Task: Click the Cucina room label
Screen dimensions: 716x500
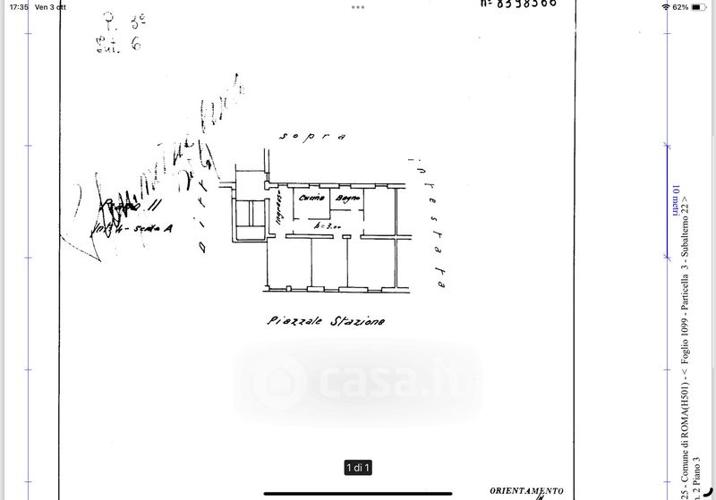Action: point(311,197)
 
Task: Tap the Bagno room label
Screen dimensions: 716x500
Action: point(346,197)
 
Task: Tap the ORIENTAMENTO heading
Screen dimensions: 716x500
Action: point(526,490)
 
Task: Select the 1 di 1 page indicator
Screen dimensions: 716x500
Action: point(358,468)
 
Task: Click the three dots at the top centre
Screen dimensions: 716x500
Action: point(358,6)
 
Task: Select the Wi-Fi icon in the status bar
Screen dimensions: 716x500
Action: point(665,6)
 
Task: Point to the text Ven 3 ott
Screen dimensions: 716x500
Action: point(51,6)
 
